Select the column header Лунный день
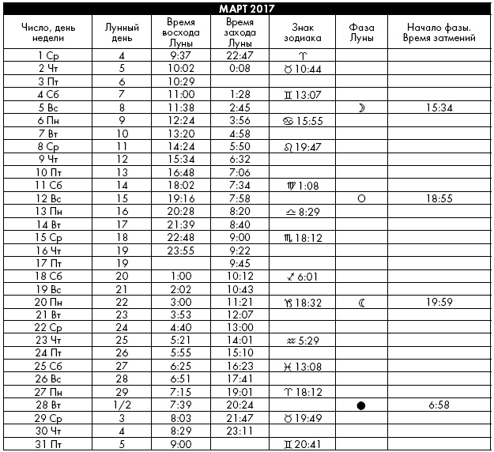(x=122, y=32)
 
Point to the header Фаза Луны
(x=361, y=32)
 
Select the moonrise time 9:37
(x=182, y=56)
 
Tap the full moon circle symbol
(x=361, y=199)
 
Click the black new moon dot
(x=361, y=405)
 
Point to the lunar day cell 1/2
(x=122, y=405)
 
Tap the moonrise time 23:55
(x=182, y=250)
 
